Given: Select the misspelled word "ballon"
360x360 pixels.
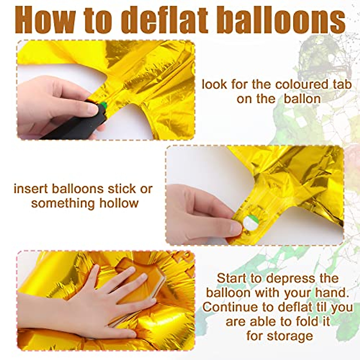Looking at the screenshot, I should (302, 99).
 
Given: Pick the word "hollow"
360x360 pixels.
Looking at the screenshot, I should (119, 203).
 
